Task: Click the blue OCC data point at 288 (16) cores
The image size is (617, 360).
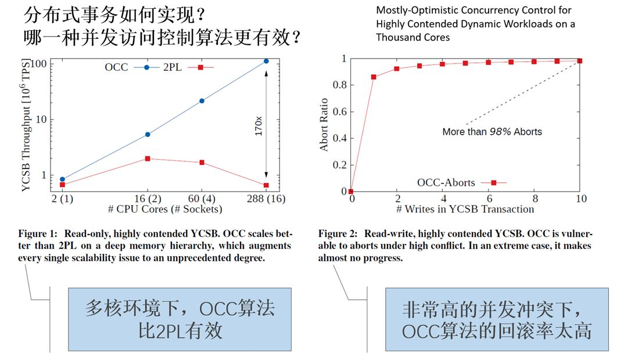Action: pos(266,61)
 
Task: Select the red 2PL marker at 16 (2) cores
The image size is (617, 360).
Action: pos(148,159)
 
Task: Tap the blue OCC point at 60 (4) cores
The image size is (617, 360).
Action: pos(202,101)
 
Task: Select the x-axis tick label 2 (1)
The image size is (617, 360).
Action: pos(62,199)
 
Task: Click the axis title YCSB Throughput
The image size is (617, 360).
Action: pos(27,125)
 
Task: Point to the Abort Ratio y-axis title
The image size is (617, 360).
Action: pos(324,125)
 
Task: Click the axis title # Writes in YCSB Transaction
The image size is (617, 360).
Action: pos(465,208)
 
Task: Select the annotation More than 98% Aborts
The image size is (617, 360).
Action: pos(492,132)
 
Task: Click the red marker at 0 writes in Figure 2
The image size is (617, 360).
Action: pos(351,192)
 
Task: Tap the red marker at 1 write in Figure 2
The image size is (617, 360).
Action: pos(374,77)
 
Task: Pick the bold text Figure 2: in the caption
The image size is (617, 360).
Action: pos(338,234)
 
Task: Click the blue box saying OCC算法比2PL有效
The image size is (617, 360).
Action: pos(180,319)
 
